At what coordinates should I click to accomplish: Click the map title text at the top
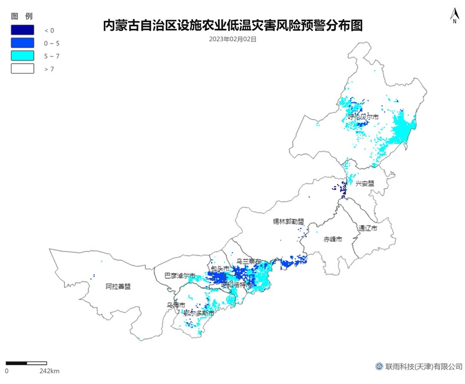pyautogui.click(x=233, y=26)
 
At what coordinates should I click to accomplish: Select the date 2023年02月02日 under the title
pyautogui.click(x=233, y=40)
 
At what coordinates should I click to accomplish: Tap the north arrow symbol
pyautogui.click(x=453, y=16)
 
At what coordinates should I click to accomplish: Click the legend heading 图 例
pyautogui.click(x=21, y=15)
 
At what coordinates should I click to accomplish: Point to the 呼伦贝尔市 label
pyautogui.click(x=363, y=117)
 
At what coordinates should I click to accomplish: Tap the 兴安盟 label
pyautogui.click(x=365, y=183)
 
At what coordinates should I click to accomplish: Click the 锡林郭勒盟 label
pyautogui.click(x=289, y=221)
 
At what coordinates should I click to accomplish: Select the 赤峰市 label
pyautogui.click(x=332, y=239)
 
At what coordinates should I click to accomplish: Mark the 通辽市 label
pyautogui.click(x=367, y=228)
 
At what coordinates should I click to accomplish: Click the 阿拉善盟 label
pyautogui.click(x=118, y=286)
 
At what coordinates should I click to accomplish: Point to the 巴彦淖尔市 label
pyautogui.click(x=180, y=275)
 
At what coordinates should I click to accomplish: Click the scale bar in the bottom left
pyautogui.click(x=26, y=363)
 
